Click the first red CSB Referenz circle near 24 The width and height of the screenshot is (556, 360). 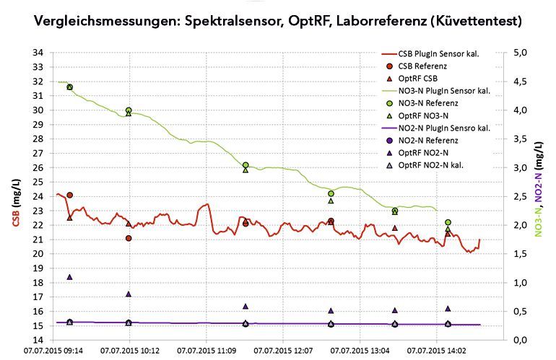[70, 195]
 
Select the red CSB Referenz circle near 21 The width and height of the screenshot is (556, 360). [129, 238]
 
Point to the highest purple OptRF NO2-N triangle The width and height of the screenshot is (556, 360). [70, 276]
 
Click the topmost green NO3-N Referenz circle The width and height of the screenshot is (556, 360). [70, 87]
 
